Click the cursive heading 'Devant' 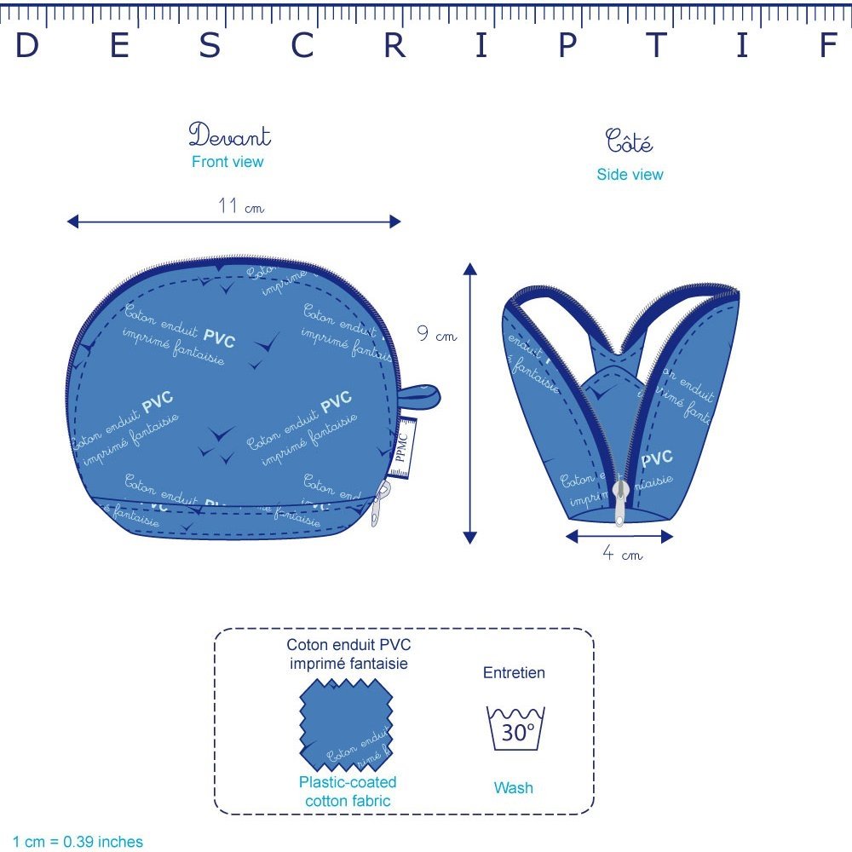pyautogui.click(x=229, y=135)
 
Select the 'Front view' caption pyautogui.click(x=227, y=162)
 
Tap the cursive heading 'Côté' pyautogui.click(x=630, y=141)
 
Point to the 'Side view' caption pyautogui.click(x=630, y=175)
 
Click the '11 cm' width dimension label pyautogui.click(x=241, y=206)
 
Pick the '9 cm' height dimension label pyautogui.click(x=436, y=335)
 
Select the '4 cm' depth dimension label pyautogui.click(x=622, y=555)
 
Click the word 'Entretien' pyautogui.click(x=514, y=673)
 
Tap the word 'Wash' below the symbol pyautogui.click(x=514, y=788)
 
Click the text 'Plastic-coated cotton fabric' pyautogui.click(x=348, y=792)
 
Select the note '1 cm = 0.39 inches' pyautogui.click(x=78, y=842)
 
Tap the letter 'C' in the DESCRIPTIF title pyautogui.click(x=303, y=46)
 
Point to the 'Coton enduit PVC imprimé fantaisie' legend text pyautogui.click(x=348, y=654)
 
